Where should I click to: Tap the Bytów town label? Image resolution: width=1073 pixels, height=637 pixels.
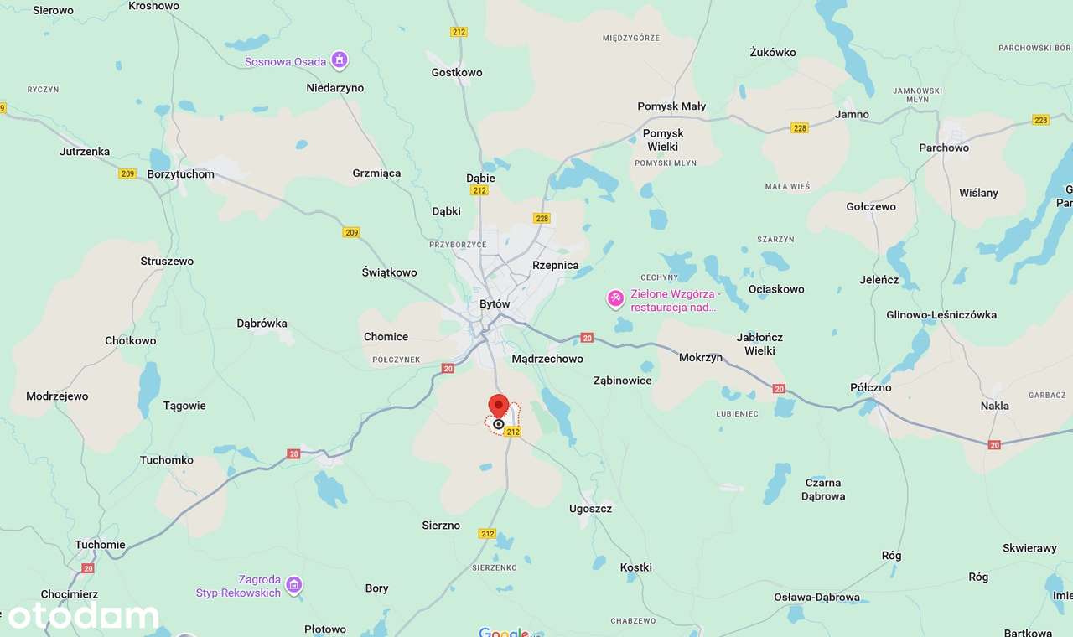(495, 304)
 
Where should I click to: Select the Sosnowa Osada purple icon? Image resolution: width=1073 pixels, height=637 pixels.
(340, 60)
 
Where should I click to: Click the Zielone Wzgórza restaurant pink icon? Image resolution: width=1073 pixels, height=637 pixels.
(616, 298)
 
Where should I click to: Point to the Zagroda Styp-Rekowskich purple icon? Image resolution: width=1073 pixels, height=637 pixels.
(294, 584)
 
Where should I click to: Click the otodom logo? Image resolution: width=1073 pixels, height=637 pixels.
(83, 616)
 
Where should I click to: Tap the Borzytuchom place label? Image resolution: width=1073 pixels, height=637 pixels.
(180, 174)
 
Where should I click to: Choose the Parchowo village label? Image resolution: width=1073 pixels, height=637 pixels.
(944, 148)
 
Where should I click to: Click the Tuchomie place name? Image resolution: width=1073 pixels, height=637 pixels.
(100, 544)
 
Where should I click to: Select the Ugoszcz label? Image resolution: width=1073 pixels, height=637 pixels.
(590, 508)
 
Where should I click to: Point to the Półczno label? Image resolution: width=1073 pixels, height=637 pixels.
(871, 387)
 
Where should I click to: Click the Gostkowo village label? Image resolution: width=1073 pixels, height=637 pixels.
(457, 72)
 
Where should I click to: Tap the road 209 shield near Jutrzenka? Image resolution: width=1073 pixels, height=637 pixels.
(127, 173)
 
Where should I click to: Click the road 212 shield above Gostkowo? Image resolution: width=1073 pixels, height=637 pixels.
(459, 32)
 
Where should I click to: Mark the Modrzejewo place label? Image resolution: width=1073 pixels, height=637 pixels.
(57, 396)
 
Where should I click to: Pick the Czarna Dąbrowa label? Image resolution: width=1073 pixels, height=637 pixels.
(823, 489)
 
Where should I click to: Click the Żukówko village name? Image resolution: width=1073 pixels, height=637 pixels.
(773, 52)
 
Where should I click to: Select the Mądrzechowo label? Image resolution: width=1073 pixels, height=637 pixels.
(547, 359)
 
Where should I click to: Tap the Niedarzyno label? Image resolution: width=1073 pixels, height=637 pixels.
(335, 87)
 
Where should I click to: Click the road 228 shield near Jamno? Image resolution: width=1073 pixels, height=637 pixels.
(800, 127)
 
